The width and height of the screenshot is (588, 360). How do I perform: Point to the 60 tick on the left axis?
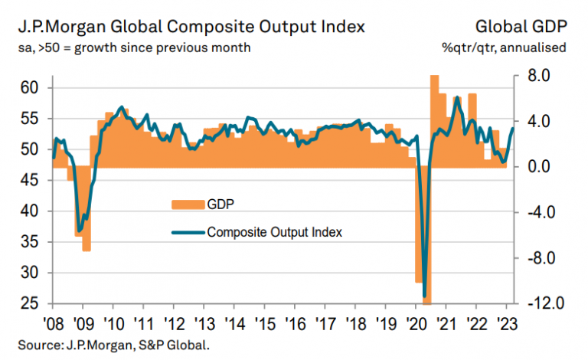(x=29, y=88)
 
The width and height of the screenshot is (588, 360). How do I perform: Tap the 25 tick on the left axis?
(x=29, y=303)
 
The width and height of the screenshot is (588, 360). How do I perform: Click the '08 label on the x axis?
(x=53, y=322)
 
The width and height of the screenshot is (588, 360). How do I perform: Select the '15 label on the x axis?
(x=264, y=322)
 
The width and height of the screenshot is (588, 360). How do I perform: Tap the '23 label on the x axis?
(x=505, y=322)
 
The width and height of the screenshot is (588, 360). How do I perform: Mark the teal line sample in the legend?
(x=188, y=231)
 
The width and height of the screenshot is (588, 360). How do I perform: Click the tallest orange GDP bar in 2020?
(x=434, y=115)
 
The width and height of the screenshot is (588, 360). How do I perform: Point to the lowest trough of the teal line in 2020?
(x=424, y=296)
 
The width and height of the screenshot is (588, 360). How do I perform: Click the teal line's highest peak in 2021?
(x=457, y=98)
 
